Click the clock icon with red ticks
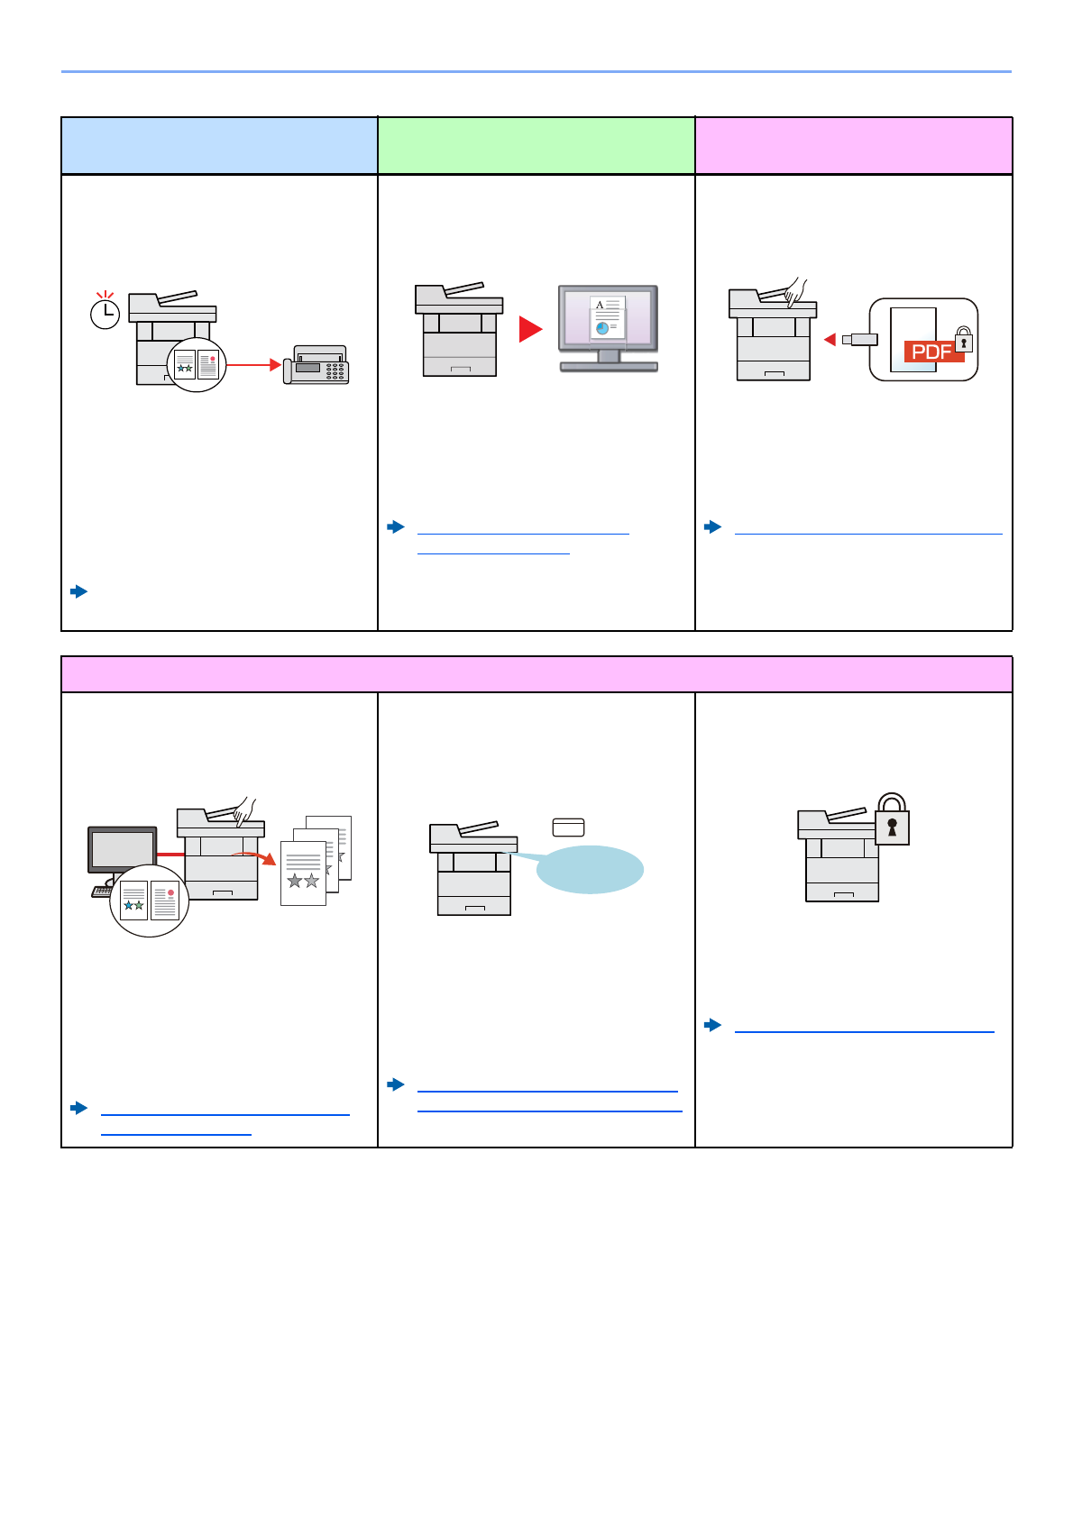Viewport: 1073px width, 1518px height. [105, 312]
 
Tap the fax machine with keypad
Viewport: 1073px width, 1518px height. [316, 365]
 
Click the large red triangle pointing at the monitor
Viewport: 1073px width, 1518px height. [530, 329]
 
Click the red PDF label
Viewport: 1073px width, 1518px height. [932, 352]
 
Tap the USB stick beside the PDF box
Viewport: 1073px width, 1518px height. [859, 339]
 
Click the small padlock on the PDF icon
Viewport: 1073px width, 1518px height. [964, 340]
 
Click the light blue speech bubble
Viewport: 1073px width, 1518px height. [590, 869]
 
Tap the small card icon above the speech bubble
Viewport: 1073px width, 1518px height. [568, 827]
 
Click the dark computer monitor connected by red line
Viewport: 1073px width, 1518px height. [122, 849]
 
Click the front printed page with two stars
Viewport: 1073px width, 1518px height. [303, 873]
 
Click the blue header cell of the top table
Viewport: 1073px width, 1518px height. [219, 145]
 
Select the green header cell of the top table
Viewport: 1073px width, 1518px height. [536, 145]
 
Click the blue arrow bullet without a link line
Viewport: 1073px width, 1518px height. [79, 591]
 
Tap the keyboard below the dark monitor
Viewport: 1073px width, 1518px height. [102, 892]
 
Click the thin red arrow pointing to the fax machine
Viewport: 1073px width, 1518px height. [253, 365]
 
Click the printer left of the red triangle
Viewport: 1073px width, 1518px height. [459, 330]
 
